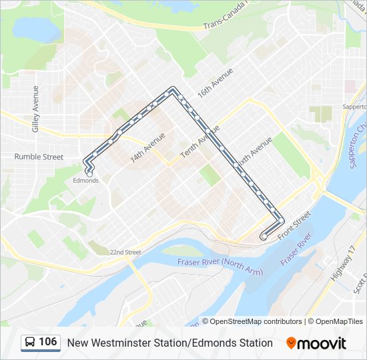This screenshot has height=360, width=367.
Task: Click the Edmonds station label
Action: tap(85, 181)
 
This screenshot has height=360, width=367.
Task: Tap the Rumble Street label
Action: tap(39, 157)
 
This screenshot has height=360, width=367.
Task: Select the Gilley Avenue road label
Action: tap(36, 108)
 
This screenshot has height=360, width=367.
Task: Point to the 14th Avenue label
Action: tap(147, 147)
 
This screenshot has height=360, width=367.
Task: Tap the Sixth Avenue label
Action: tap(254, 153)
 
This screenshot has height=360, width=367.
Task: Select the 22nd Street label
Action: tap(125, 253)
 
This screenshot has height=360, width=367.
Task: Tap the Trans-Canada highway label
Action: tap(226, 22)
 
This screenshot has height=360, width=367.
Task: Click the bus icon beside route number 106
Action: tap(31, 343)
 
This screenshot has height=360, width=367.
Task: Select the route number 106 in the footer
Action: tap(47, 343)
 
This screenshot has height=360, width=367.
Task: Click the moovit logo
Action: tap(316, 343)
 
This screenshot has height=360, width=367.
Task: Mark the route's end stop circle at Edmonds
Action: tap(89, 174)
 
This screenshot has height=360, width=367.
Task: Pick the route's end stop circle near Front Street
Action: tap(264, 236)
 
